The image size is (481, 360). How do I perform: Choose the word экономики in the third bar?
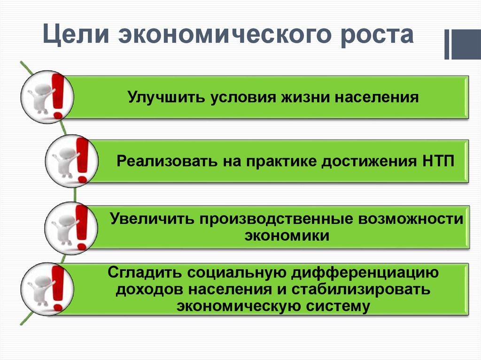[287, 236]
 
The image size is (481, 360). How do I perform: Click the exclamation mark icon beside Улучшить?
[58, 96]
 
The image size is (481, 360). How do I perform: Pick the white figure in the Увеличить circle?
[62, 229]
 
